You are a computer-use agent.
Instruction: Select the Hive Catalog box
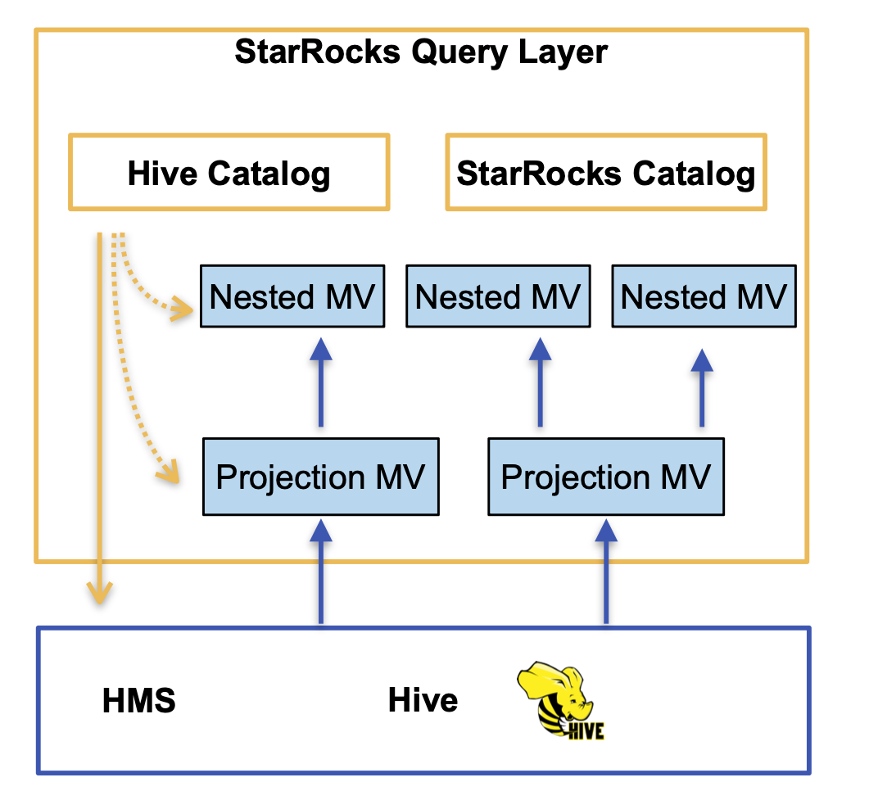click(229, 173)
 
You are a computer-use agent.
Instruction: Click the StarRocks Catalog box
click(606, 173)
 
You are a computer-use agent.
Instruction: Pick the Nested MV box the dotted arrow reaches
click(292, 296)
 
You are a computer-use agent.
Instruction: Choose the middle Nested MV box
click(498, 296)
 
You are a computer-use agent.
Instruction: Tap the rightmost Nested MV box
click(704, 296)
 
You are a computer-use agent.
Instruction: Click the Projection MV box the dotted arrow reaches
click(320, 477)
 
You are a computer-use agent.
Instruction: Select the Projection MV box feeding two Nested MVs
click(605, 477)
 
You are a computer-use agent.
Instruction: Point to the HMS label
click(139, 701)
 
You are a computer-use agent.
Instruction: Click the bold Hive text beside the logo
click(423, 701)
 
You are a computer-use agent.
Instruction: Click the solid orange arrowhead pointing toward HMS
click(100, 591)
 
